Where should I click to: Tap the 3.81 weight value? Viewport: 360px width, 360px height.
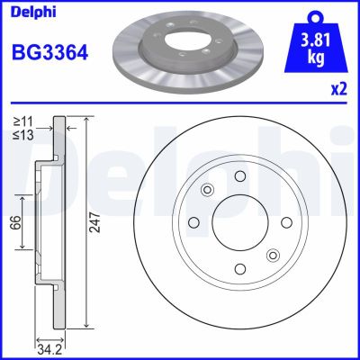316,40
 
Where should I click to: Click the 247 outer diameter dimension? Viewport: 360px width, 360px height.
92,229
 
